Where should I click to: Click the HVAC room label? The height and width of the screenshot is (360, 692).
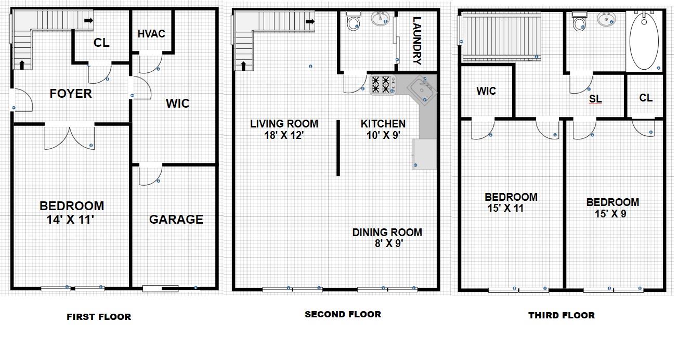point(151,34)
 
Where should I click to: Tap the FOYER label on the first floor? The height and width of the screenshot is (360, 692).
point(71,94)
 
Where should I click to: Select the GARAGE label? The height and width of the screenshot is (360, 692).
point(176,220)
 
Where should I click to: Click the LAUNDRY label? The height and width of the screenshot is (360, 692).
point(417,41)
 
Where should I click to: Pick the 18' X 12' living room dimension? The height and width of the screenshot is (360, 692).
point(284,135)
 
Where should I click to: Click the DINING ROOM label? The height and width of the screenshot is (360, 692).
point(387,233)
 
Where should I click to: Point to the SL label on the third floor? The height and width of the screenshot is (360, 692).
point(595,99)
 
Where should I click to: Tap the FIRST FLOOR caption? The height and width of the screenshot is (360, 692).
point(99,317)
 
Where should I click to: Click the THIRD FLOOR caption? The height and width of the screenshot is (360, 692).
point(562,315)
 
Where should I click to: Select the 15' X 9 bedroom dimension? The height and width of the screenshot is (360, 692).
point(610,214)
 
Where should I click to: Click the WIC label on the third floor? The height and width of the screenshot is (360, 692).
point(486,91)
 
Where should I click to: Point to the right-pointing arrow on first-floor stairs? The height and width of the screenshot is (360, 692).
point(89,20)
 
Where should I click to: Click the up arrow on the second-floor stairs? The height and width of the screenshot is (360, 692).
point(243,66)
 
